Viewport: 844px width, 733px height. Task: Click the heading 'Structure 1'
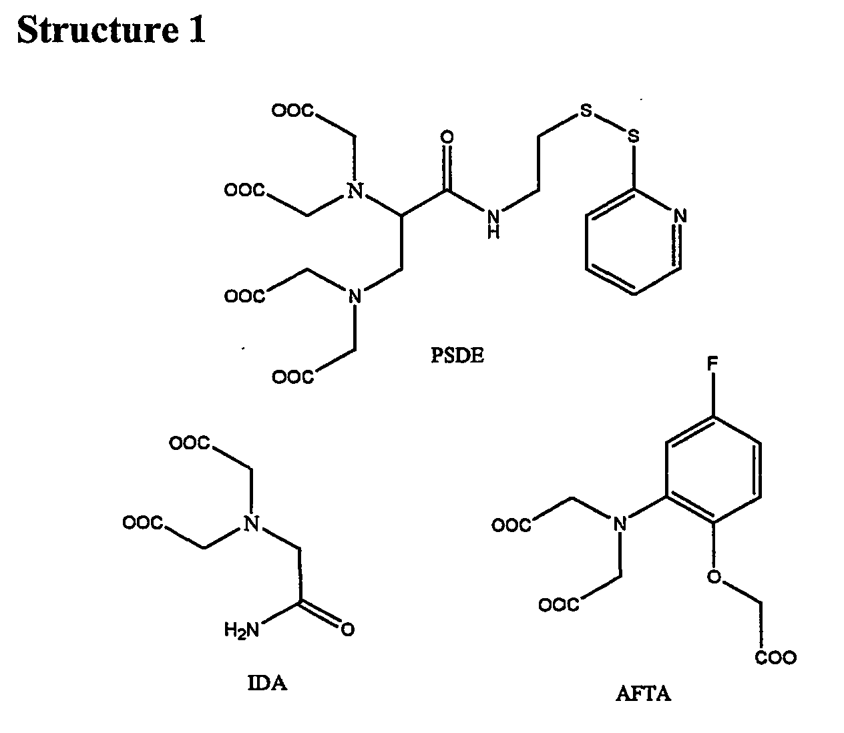pyautogui.click(x=111, y=29)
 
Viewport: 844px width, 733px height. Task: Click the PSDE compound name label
pyautogui.click(x=457, y=355)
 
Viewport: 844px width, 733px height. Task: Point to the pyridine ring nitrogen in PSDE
pyautogui.click(x=680, y=216)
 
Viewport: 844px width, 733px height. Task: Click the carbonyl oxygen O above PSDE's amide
pyautogui.click(x=447, y=138)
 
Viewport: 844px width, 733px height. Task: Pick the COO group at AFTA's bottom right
pyautogui.click(x=775, y=658)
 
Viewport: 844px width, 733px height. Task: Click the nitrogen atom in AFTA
pyautogui.click(x=621, y=525)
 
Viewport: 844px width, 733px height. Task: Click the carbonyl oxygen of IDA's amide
pyautogui.click(x=347, y=630)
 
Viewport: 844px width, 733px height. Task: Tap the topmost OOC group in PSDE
pyautogui.click(x=292, y=111)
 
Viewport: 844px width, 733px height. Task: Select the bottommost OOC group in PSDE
pyautogui.click(x=292, y=378)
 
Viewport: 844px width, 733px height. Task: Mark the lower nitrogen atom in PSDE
pyautogui.click(x=355, y=295)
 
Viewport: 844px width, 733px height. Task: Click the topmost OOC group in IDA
pyautogui.click(x=191, y=443)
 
